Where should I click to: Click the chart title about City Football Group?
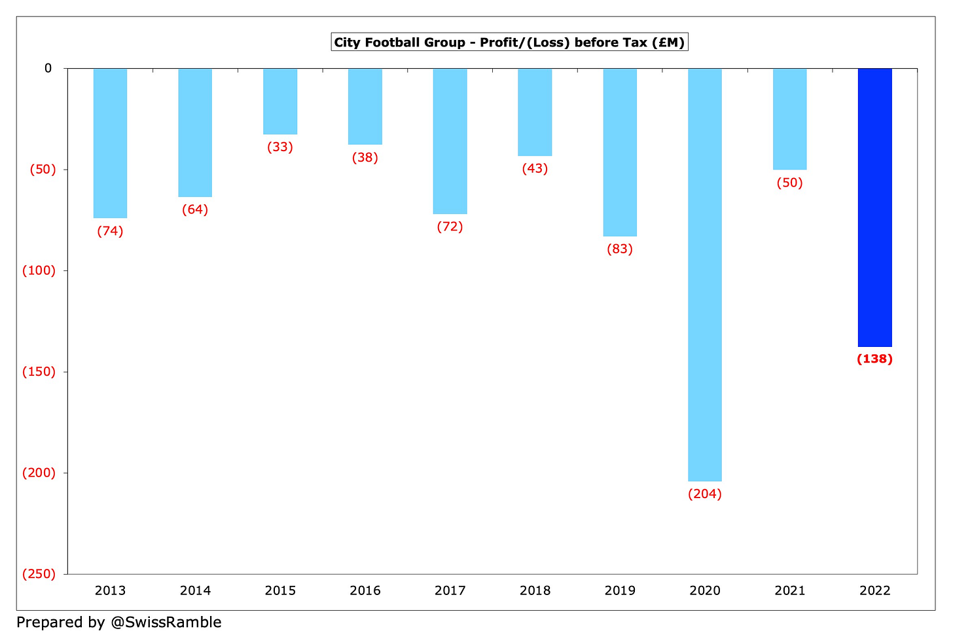509,43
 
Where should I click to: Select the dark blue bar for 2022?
875,207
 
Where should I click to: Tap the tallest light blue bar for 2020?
705,274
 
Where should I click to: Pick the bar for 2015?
280,101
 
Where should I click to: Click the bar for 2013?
110,143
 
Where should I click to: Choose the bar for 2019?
620,152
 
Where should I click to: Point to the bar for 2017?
450,141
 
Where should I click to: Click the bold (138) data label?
875,359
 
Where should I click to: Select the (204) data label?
705,494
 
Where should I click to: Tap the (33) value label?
280,147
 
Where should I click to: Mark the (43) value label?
535,169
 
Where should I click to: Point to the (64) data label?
195,210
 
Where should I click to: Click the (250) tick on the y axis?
39,573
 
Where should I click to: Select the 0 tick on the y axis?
48,68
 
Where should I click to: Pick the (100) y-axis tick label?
39,270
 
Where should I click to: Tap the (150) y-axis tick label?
39,371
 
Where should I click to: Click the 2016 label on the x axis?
365,590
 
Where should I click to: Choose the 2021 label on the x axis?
790,590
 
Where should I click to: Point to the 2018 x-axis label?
535,590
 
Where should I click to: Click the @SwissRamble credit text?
119,622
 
